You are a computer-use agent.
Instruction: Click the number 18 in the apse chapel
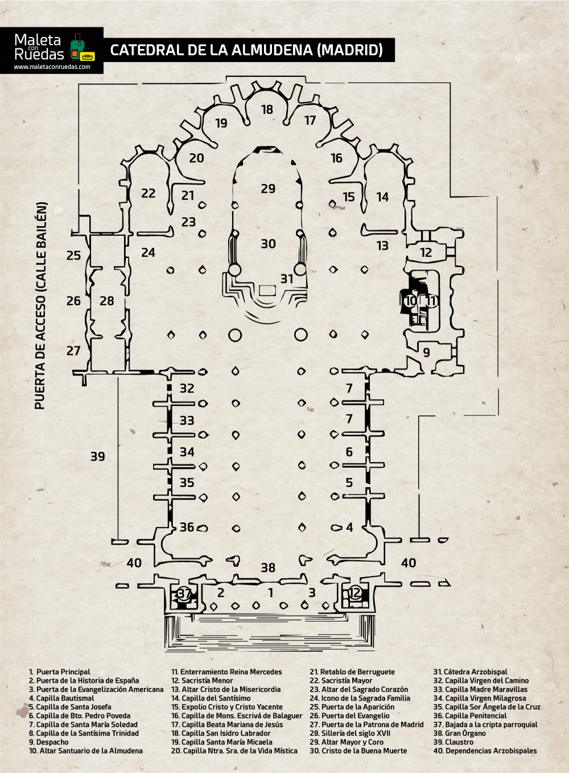pos(267,109)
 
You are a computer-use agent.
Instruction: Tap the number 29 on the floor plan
pos(268,188)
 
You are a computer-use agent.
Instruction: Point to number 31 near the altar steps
pos(287,278)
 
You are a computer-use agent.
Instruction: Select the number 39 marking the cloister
pos(98,457)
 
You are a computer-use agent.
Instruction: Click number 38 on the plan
pos(268,568)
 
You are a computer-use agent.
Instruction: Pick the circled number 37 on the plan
pos(184,594)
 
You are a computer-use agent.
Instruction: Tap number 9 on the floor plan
pos(427,352)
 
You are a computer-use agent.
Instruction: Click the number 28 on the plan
pos(107,301)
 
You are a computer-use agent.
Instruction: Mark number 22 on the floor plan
pos(149,194)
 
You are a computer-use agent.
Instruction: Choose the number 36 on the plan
pos(187,527)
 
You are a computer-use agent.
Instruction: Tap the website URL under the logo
pos(52,67)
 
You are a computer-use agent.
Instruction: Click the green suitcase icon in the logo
pos(77,46)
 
